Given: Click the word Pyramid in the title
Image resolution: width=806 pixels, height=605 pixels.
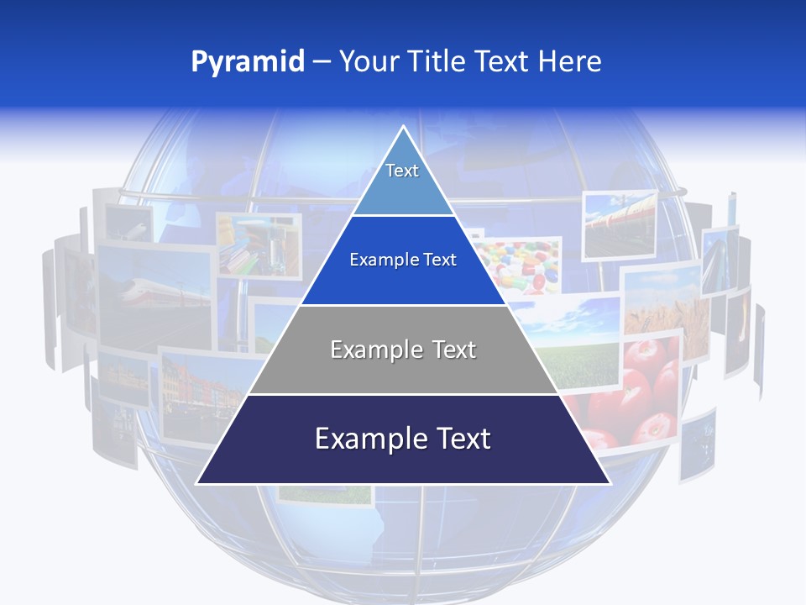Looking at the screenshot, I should (247, 62).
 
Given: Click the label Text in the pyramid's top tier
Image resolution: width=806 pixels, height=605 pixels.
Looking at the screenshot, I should (402, 171).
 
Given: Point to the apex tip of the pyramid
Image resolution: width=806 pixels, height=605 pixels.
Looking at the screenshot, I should (403, 126).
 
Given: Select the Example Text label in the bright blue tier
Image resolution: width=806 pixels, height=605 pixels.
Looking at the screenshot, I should (403, 260).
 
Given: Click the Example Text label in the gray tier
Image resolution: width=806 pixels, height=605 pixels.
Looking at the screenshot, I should (403, 350).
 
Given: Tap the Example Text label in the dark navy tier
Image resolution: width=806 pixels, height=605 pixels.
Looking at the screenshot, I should (403, 439).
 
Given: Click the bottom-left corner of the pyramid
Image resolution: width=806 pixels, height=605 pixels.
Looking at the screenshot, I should (197, 483).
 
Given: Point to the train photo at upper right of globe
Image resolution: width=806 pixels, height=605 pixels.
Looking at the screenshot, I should (619, 223).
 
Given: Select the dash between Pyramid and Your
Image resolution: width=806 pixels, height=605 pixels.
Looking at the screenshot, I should (322, 62).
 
